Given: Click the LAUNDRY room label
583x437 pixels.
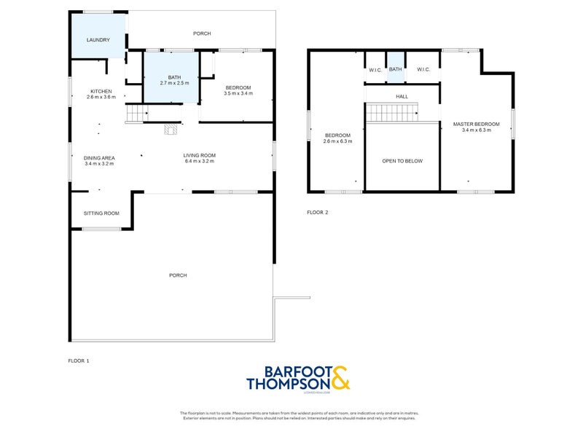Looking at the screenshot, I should click(x=98, y=40).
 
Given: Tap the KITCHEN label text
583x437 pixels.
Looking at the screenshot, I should click(x=101, y=91).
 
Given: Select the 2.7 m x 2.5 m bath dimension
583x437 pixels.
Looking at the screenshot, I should click(x=173, y=83).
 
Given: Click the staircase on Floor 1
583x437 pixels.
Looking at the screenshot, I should click(x=137, y=114).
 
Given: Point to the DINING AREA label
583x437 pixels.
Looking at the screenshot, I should click(x=99, y=157).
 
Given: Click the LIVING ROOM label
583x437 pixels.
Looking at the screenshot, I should click(x=199, y=155).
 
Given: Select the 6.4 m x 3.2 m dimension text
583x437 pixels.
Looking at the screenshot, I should click(x=199, y=161).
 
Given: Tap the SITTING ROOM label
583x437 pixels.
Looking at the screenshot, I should click(x=101, y=213).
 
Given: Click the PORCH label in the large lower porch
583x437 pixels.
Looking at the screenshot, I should click(x=178, y=275).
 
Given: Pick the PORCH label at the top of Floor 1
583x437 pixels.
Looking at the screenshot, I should click(x=202, y=34).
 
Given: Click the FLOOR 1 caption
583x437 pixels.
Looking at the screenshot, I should click(x=78, y=361).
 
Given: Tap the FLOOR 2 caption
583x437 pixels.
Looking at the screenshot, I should click(x=318, y=213).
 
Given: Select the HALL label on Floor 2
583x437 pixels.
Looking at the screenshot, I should click(x=402, y=96).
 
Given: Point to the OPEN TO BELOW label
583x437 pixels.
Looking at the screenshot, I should click(x=402, y=161).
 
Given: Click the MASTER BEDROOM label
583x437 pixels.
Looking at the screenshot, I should click(x=477, y=124).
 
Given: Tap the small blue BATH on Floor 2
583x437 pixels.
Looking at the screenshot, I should click(x=395, y=69).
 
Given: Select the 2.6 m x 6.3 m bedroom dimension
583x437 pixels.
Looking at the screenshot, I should click(x=338, y=141).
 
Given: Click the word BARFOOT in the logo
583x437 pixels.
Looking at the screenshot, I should click(x=288, y=370).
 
